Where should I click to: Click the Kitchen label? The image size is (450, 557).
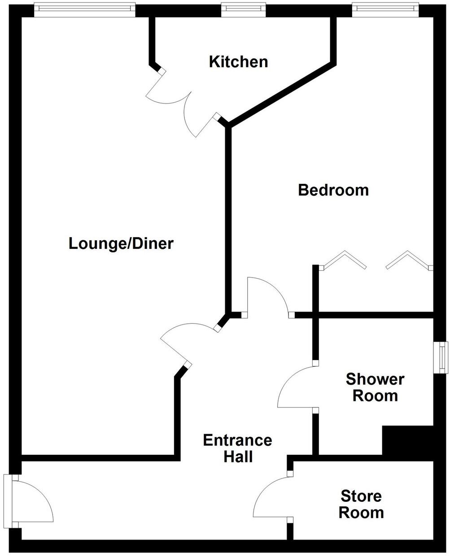[238, 62]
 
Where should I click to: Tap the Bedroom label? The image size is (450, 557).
[333, 190]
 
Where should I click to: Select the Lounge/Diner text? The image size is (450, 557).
[121, 244]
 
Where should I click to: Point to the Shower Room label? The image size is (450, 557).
[375, 387]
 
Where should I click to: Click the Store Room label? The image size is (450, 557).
[361, 504]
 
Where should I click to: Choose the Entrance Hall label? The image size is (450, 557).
[237, 448]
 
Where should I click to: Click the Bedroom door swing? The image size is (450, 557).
[267, 294]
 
